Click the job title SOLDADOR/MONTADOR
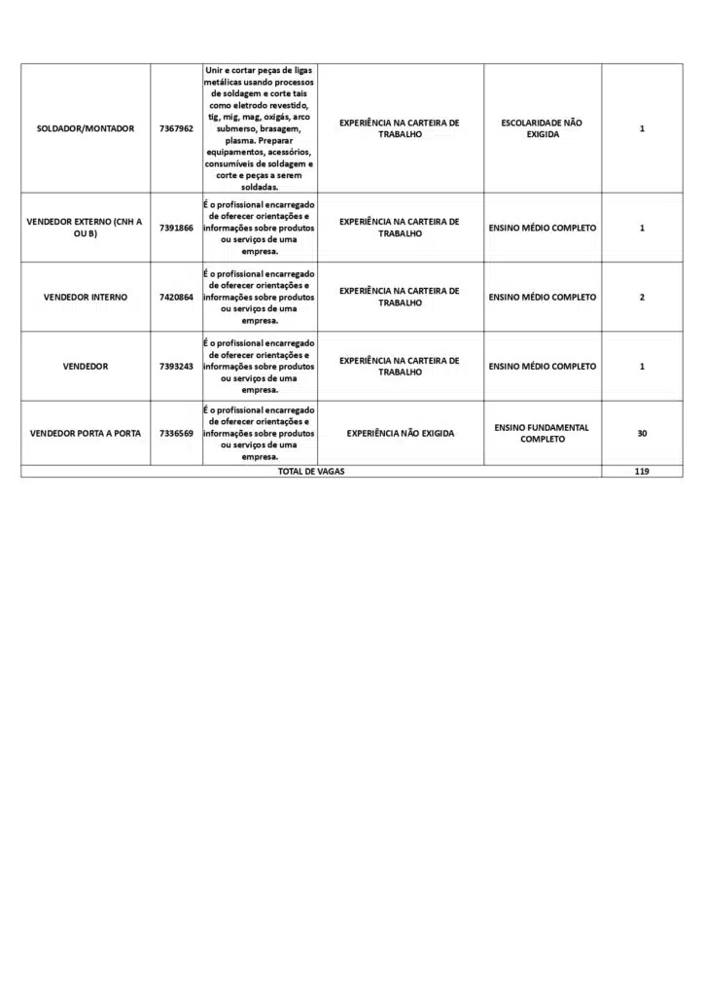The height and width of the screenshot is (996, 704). pyautogui.click(x=86, y=128)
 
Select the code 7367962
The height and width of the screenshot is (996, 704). pyautogui.click(x=176, y=128)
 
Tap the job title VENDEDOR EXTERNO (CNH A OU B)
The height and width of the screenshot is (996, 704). pyautogui.click(x=86, y=228)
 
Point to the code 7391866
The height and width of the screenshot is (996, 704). pyautogui.click(x=176, y=228)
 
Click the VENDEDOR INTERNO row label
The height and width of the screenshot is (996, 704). pyautogui.click(x=86, y=297)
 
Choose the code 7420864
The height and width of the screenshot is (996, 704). pyautogui.click(x=176, y=297)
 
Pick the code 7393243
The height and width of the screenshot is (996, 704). pyautogui.click(x=176, y=367)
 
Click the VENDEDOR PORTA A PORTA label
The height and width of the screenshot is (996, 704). pyautogui.click(x=86, y=433)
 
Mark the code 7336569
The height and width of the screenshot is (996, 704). pyautogui.click(x=176, y=433)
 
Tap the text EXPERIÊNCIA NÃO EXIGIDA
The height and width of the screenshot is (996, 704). pyautogui.click(x=400, y=433)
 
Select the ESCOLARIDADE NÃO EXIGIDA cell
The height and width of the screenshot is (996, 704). pyautogui.click(x=542, y=128)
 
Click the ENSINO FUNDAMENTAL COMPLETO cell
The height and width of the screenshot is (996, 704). pyautogui.click(x=542, y=433)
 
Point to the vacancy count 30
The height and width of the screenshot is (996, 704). pyautogui.click(x=642, y=433)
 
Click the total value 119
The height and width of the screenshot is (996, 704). pyautogui.click(x=642, y=471)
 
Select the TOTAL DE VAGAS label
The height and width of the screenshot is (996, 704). pyautogui.click(x=311, y=471)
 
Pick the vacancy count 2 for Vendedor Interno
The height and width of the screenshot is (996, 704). pyautogui.click(x=642, y=297)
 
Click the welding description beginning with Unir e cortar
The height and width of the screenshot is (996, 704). pyautogui.click(x=259, y=128)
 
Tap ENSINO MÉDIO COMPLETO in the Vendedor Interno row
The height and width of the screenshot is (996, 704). pyautogui.click(x=542, y=297)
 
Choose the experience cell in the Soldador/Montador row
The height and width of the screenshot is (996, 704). pyautogui.click(x=400, y=128)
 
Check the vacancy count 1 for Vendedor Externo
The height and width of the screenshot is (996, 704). pyautogui.click(x=642, y=228)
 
